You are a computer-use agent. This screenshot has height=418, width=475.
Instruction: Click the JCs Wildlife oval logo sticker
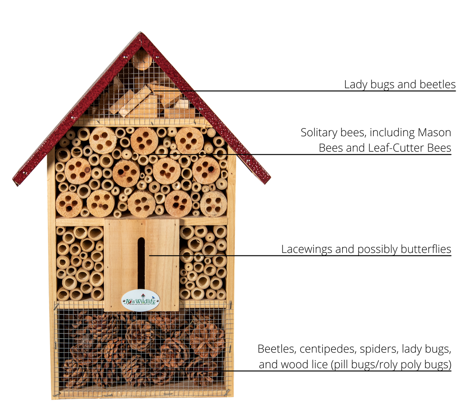pos(140,300)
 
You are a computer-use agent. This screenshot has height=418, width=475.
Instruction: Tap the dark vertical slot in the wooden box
pos(141,264)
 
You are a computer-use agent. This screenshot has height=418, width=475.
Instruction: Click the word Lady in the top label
pos(356,85)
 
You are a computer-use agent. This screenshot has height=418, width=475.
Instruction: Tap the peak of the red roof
pos(140,33)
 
